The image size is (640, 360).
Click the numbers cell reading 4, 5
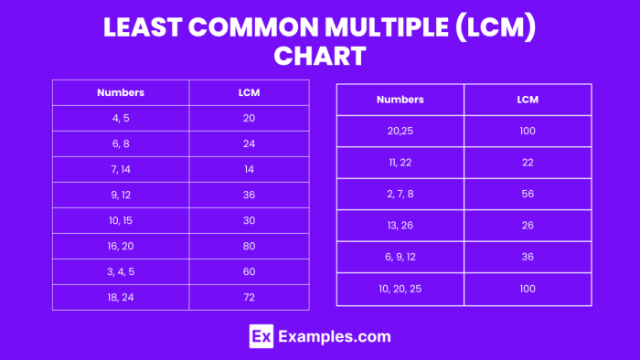(x=121, y=118)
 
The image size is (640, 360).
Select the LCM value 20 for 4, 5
(x=249, y=118)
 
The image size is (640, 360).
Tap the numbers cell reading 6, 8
(x=121, y=143)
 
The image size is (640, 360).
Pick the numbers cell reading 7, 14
(x=121, y=169)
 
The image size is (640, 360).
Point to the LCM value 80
(x=249, y=246)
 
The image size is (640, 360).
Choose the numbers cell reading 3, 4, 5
(x=121, y=271)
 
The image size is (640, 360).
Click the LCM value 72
(x=249, y=297)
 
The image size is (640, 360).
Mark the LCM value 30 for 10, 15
(x=249, y=220)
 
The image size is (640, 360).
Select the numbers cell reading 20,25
(x=400, y=131)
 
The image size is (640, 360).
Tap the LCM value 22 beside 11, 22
(x=528, y=162)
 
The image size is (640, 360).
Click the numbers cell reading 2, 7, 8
(x=400, y=194)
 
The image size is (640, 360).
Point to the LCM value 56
(x=528, y=194)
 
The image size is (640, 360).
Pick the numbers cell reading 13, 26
(x=400, y=226)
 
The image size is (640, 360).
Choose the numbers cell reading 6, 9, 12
(x=400, y=257)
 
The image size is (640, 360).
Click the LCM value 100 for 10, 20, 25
(x=528, y=289)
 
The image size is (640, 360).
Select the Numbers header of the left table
(x=121, y=92)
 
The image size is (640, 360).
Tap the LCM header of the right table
(x=528, y=99)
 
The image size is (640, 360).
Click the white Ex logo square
(x=261, y=336)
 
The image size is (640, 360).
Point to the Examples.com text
(x=335, y=336)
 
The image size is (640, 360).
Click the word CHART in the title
(x=319, y=57)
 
